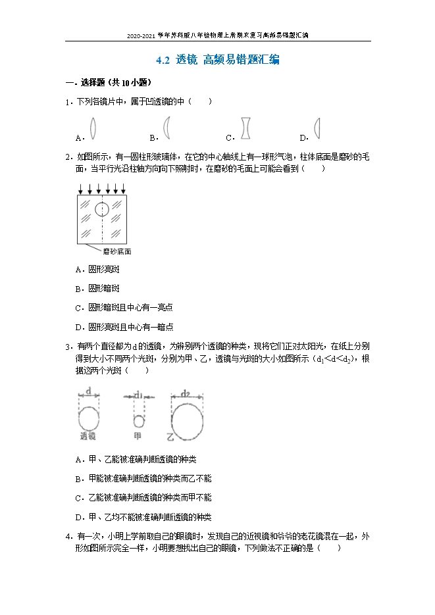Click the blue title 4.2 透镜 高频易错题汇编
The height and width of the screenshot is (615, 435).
218,61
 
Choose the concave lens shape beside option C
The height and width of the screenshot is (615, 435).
245,128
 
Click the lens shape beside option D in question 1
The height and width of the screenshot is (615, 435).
317,128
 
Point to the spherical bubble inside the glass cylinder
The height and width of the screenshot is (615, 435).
102,209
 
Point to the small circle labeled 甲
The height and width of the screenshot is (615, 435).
138,422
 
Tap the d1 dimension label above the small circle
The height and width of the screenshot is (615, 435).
138,394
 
